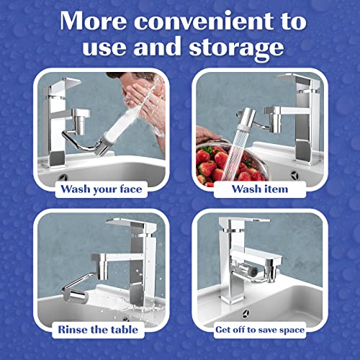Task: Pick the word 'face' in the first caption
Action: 130,190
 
